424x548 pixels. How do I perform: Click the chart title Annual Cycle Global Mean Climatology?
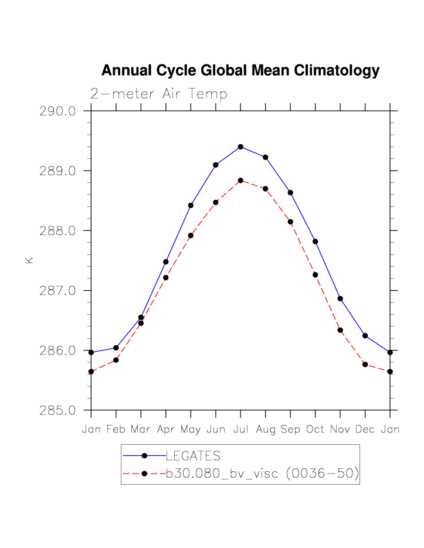pos(240,71)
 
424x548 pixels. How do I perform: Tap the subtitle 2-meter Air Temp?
pos(158,94)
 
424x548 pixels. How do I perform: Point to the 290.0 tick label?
pos(57,111)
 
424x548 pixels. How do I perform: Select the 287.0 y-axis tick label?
pos(57,291)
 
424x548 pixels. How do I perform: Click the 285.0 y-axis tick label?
pos(57,410)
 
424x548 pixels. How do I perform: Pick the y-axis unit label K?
pos(29,260)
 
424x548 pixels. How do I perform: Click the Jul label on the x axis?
pos(240,430)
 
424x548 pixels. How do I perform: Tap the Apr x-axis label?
pos(166,430)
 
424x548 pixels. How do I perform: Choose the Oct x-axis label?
pos(315,430)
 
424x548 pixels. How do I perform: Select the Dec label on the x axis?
pos(365,430)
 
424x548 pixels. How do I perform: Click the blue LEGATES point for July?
pos(240,147)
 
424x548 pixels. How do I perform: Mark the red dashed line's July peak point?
pos(240,181)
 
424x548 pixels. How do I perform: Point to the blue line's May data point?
pos(191,205)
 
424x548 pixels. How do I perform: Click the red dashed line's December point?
pos(365,365)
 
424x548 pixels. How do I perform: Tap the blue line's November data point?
pos(340,299)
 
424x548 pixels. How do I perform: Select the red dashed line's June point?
pos(216,202)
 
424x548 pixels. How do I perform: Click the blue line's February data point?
pos(116,348)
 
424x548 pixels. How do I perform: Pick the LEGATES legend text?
pos(193,455)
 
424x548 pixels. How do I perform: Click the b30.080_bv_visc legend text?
pos(262,474)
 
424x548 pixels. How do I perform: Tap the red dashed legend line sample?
pos(144,474)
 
